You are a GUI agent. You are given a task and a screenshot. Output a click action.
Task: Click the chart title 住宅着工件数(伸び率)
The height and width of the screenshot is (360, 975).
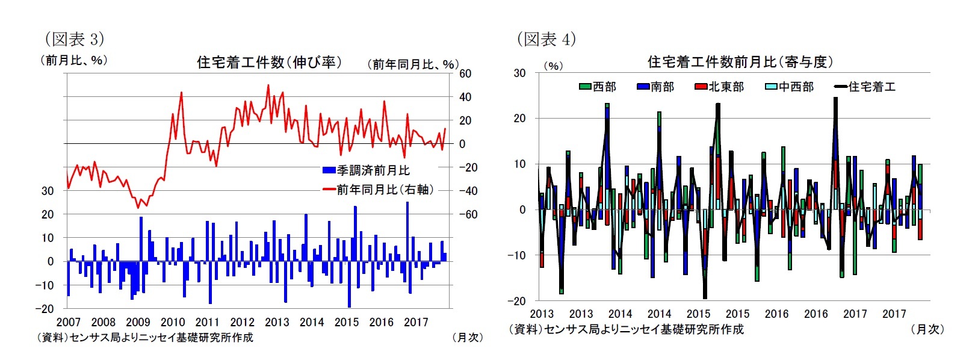[269, 62]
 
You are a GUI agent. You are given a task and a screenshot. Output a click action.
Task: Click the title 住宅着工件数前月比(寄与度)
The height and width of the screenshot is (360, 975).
[740, 62]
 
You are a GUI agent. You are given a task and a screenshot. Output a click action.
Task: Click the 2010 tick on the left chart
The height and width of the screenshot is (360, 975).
[173, 322]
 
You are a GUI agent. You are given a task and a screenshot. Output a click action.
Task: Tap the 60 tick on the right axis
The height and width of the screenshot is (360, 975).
[465, 73]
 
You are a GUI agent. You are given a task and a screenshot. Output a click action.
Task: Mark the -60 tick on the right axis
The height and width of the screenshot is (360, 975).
[468, 214]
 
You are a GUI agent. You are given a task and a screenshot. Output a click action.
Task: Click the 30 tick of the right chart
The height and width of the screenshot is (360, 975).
[519, 73]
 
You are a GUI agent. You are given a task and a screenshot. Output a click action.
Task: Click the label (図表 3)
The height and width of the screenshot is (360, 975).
[75, 39]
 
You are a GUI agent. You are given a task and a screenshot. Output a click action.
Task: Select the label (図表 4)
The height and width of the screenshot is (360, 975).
[546, 39]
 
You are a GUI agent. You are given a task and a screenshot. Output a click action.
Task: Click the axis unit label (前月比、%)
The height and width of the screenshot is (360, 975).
[74, 60]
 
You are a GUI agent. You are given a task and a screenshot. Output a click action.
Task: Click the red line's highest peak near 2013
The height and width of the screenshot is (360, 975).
[268, 85]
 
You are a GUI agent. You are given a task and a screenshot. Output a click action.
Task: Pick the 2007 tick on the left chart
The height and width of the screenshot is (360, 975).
[68, 322]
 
